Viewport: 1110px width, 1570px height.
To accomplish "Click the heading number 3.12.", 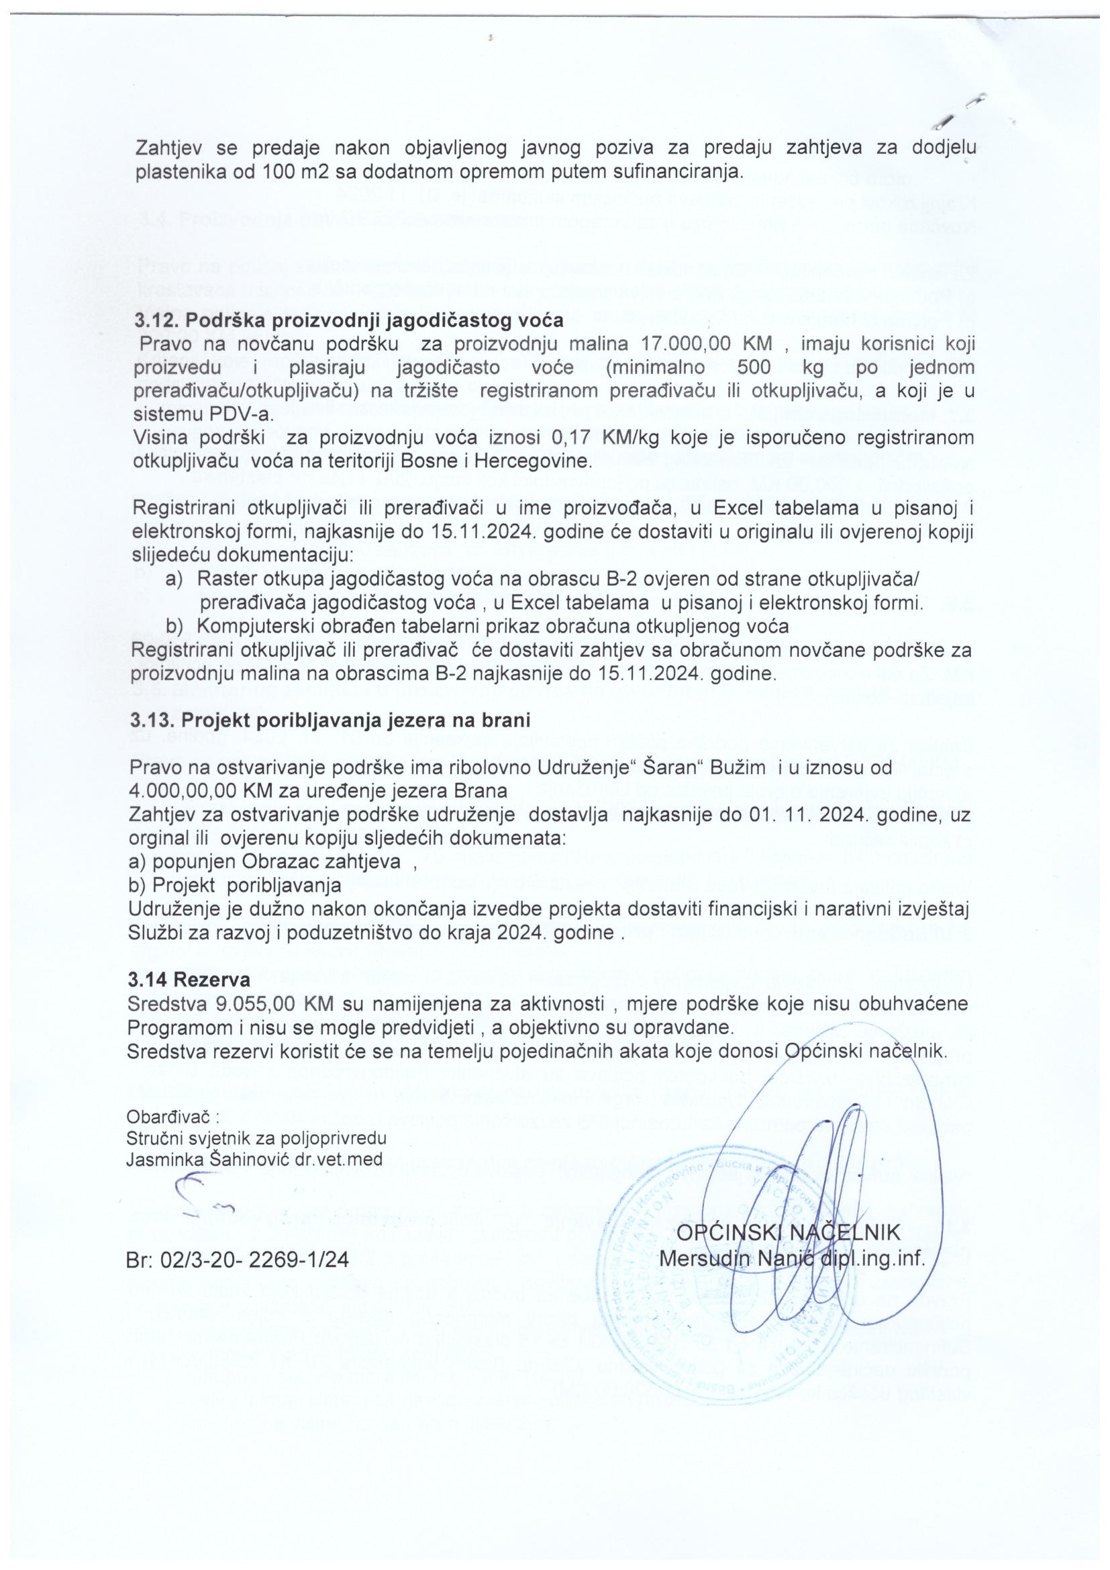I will (x=156, y=321).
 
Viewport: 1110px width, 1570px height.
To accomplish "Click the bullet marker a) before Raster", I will (x=174, y=579).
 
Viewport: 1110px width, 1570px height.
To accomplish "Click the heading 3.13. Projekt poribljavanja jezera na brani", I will (x=330, y=721).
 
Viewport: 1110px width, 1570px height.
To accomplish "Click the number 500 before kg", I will (x=752, y=367).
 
